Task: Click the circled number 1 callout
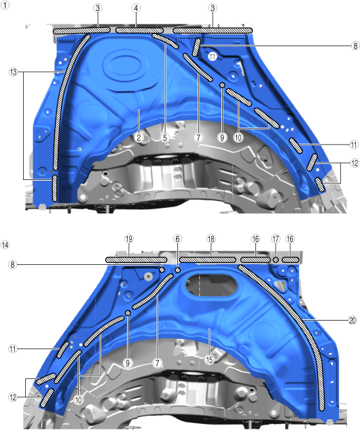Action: [5, 5]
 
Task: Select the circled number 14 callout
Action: [5, 245]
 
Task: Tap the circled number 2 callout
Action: [139, 137]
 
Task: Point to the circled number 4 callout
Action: [136, 8]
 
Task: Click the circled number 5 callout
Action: [165, 137]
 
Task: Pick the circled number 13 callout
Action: [13, 72]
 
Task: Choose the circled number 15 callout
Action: [209, 359]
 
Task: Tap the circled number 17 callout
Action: [276, 239]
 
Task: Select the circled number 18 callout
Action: [211, 239]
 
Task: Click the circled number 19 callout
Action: [129, 239]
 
